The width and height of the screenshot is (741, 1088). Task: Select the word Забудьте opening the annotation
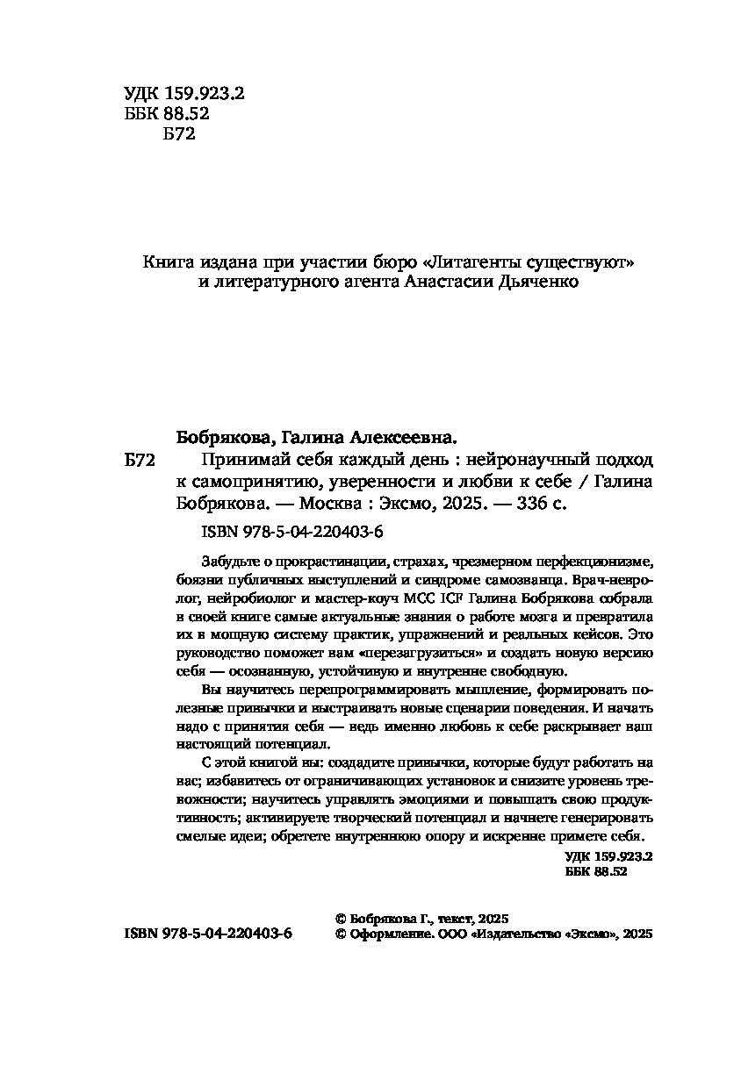228,562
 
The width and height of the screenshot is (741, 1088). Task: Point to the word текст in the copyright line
454,918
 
